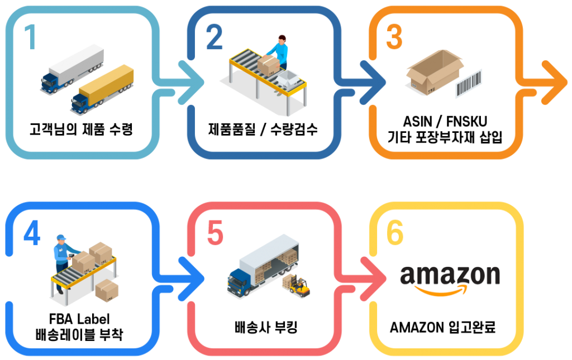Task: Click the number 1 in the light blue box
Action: pyautogui.click(x=31, y=38)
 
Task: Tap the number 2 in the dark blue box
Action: pyautogui.click(x=214, y=38)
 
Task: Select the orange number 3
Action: pyautogui.click(x=394, y=38)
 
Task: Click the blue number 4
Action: pyautogui.click(x=32, y=234)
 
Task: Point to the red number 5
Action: pyautogui.click(x=215, y=234)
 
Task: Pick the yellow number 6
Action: pyautogui.click(x=395, y=234)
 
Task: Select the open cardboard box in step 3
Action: pyautogui.click(x=433, y=73)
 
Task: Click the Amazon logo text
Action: pyautogui.click(x=450, y=276)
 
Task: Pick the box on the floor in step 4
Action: pyautogui.click(x=106, y=290)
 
